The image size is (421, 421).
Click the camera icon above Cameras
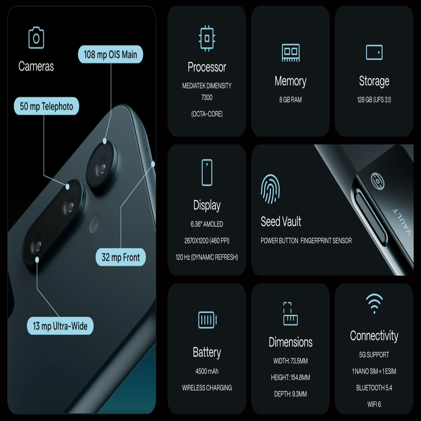pyautogui.click(x=36, y=38)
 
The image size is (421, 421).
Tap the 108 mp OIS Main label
pyautogui.click(x=111, y=54)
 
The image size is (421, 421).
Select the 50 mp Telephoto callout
pyautogui.click(x=46, y=106)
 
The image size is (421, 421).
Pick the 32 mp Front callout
pyautogui.click(x=121, y=257)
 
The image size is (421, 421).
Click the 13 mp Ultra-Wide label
pyautogui.click(x=60, y=326)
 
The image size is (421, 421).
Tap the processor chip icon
pyautogui.click(x=207, y=39)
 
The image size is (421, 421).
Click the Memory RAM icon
pyautogui.click(x=291, y=53)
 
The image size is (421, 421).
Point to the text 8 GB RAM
pyautogui.click(x=290, y=100)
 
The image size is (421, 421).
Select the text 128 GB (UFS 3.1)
pyautogui.click(x=374, y=100)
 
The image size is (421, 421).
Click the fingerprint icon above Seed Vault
pyautogui.click(x=270, y=189)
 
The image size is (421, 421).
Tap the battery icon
pyautogui.click(x=207, y=320)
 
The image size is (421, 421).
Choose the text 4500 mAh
pyautogui.click(x=207, y=371)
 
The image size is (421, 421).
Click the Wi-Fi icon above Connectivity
pyautogui.click(x=374, y=303)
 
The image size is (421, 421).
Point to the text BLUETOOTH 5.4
pyautogui.click(x=374, y=388)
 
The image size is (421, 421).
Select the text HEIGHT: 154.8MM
pyautogui.click(x=290, y=377)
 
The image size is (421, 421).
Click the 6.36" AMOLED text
pyautogui.click(x=207, y=224)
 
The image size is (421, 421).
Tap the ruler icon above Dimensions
pyautogui.click(x=291, y=314)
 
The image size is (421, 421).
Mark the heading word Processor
pyautogui.click(x=207, y=67)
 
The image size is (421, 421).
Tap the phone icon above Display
pyautogui.click(x=207, y=173)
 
